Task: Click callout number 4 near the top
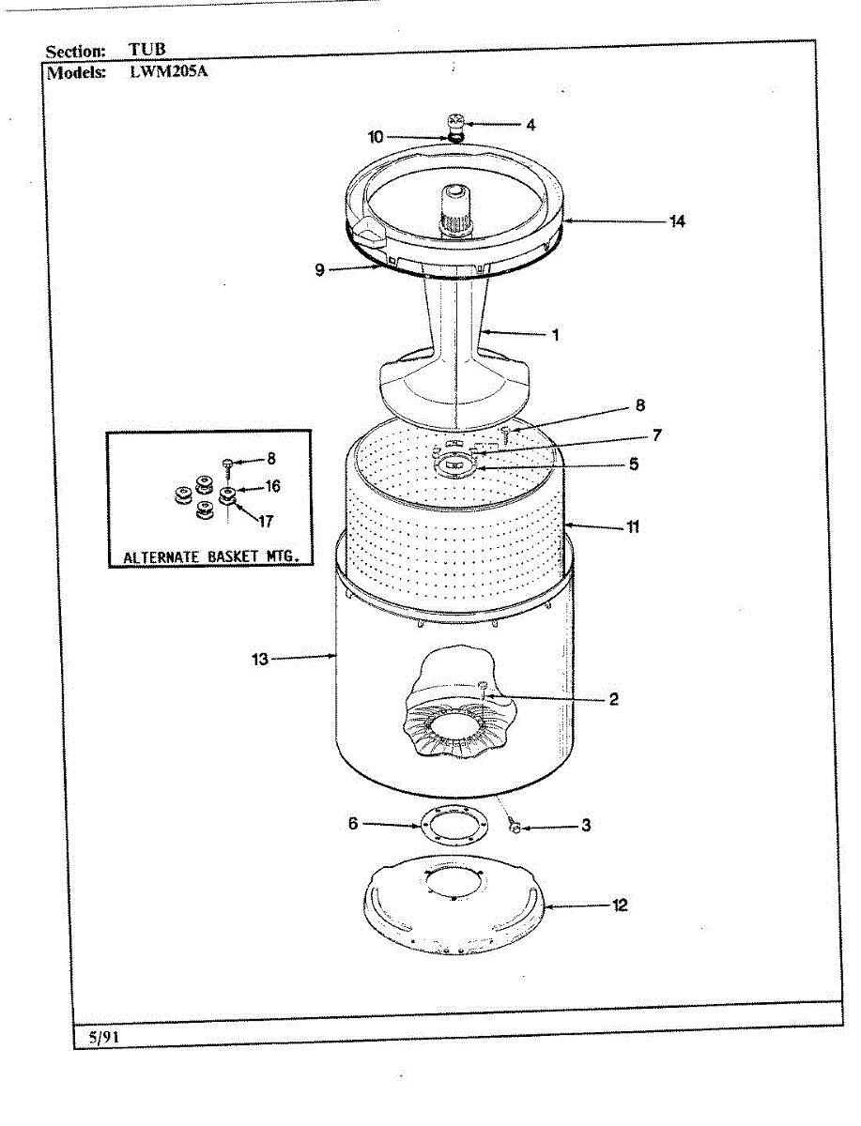[x=530, y=124]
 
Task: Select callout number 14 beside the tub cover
[x=676, y=222]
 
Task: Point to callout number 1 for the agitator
[x=555, y=335]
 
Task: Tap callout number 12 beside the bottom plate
[x=620, y=906]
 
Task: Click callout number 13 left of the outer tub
[x=259, y=660]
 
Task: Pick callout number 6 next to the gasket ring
[x=353, y=824]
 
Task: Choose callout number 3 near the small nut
[x=586, y=827]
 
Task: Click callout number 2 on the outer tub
[x=613, y=699]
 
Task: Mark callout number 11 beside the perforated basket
[x=633, y=527]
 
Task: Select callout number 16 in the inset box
[x=272, y=487]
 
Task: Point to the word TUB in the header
[x=147, y=51]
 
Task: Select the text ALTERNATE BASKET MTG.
[x=211, y=556]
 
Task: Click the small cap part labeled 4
[x=455, y=122]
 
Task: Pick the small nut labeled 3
[x=515, y=826]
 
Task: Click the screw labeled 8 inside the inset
[x=227, y=463]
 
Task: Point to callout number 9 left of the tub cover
[x=319, y=270]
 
